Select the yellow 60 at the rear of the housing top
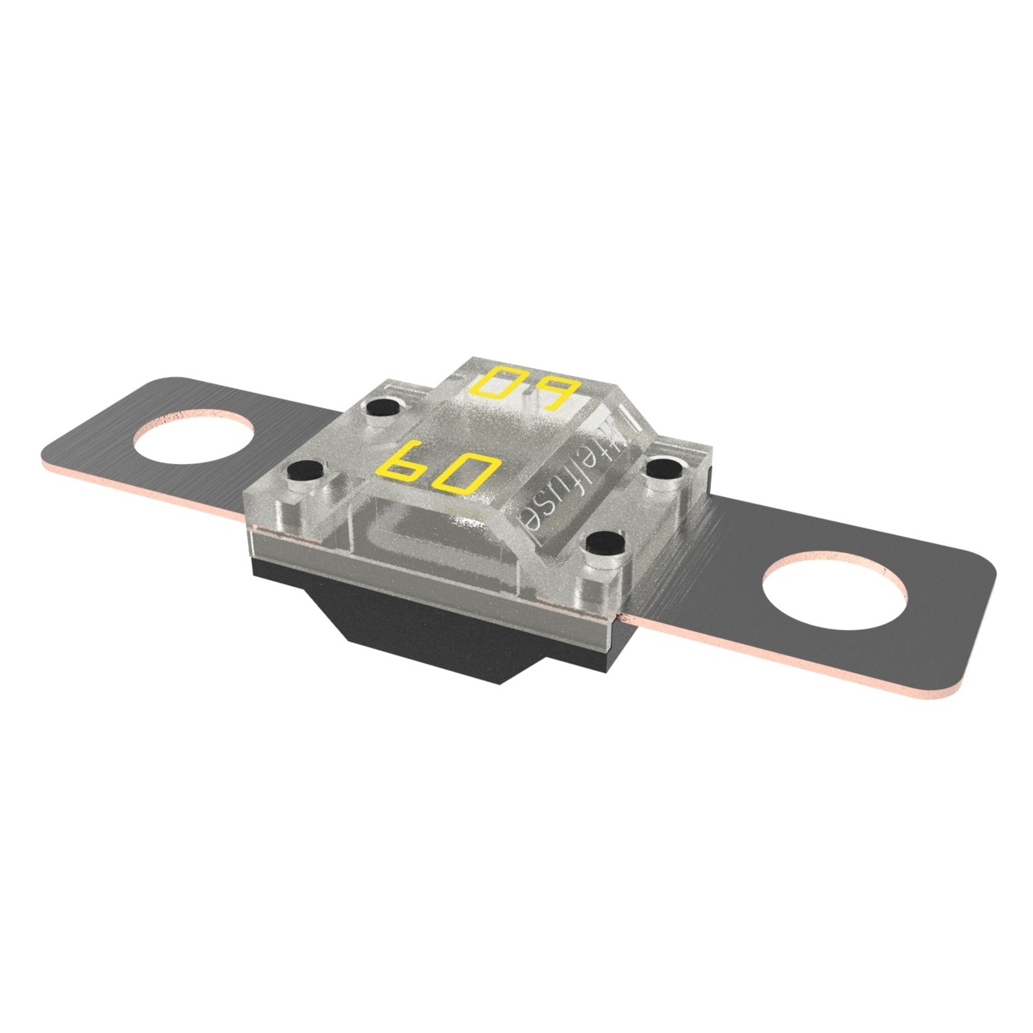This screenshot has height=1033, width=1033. [x=523, y=389]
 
